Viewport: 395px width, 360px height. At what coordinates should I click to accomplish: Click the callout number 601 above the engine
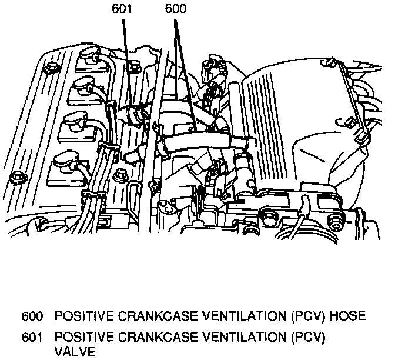tap(122, 9)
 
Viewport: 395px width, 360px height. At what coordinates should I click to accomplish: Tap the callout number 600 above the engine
tap(176, 9)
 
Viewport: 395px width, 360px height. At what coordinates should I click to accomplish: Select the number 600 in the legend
tap(32, 316)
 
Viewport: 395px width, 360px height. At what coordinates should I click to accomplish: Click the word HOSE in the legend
tap(347, 316)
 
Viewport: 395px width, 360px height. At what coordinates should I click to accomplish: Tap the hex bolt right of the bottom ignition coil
tap(120, 175)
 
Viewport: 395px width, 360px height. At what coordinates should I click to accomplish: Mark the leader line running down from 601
tap(126, 59)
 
